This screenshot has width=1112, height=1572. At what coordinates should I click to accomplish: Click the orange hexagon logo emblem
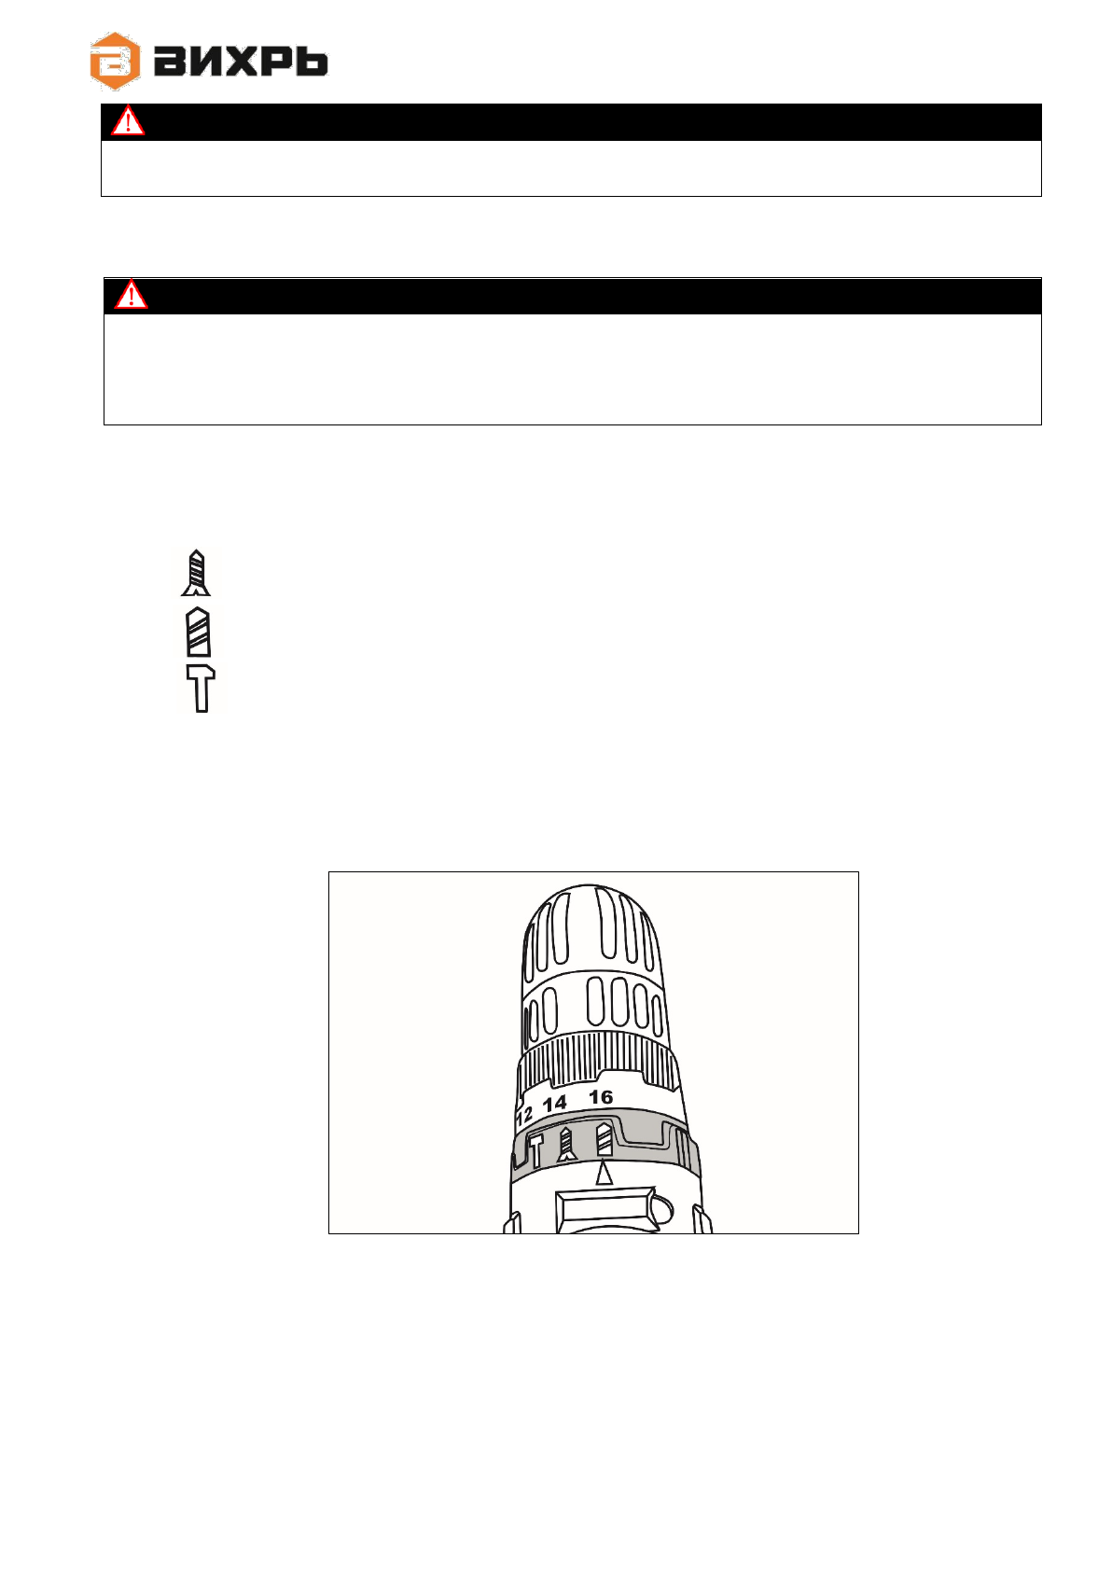point(115,61)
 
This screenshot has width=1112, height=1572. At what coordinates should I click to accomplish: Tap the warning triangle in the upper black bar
point(128,120)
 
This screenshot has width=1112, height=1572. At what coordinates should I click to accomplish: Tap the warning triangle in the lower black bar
point(131,295)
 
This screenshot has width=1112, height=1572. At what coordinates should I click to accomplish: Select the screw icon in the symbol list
point(196,573)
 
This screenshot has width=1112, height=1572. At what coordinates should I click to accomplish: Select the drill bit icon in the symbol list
point(198,632)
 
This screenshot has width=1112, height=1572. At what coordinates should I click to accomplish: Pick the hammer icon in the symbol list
point(201,689)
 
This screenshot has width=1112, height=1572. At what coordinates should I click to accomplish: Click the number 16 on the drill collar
point(601,1096)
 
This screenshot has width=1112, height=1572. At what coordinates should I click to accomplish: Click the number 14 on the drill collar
point(554,1104)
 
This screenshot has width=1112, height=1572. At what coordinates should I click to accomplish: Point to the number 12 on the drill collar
point(524,1115)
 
